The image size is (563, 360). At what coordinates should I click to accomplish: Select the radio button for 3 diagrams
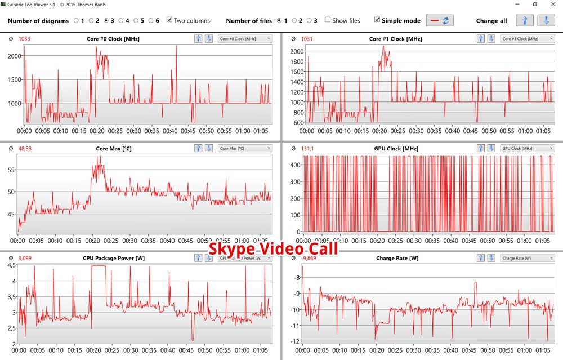(x=106, y=21)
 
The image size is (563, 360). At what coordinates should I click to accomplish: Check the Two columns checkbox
(x=170, y=21)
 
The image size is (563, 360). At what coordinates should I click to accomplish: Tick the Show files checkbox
(x=328, y=21)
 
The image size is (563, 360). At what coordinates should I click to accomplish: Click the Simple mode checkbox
(x=377, y=21)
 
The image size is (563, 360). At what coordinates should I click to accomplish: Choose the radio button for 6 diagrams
(x=151, y=21)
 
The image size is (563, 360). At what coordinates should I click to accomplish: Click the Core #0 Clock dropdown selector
(x=245, y=39)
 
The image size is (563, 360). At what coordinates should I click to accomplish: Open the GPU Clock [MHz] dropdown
(x=528, y=148)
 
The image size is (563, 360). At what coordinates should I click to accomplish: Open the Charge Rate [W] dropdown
(x=528, y=258)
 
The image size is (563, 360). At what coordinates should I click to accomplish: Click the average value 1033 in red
(x=24, y=39)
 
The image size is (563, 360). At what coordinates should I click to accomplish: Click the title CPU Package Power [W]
(x=114, y=258)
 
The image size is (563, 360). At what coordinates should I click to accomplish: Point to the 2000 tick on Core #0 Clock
(x=12, y=56)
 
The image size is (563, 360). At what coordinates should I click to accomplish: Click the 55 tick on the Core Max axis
(x=12, y=170)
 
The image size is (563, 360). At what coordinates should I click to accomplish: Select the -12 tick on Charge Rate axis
(x=295, y=341)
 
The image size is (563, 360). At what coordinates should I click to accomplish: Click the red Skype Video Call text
(x=274, y=248)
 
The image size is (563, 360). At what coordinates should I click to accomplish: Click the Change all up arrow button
(x=525, y=21)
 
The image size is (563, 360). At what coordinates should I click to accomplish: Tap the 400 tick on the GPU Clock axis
(x=294, y=165)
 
